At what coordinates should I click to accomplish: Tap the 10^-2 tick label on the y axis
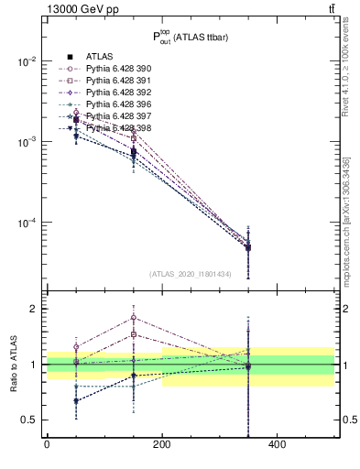click(x=27, y=61)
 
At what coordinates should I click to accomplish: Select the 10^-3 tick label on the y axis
click(x=27, y=142)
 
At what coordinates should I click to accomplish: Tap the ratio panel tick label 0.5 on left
click(x=30, y=420)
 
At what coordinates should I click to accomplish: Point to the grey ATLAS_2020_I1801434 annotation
click(x=189, y=274)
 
